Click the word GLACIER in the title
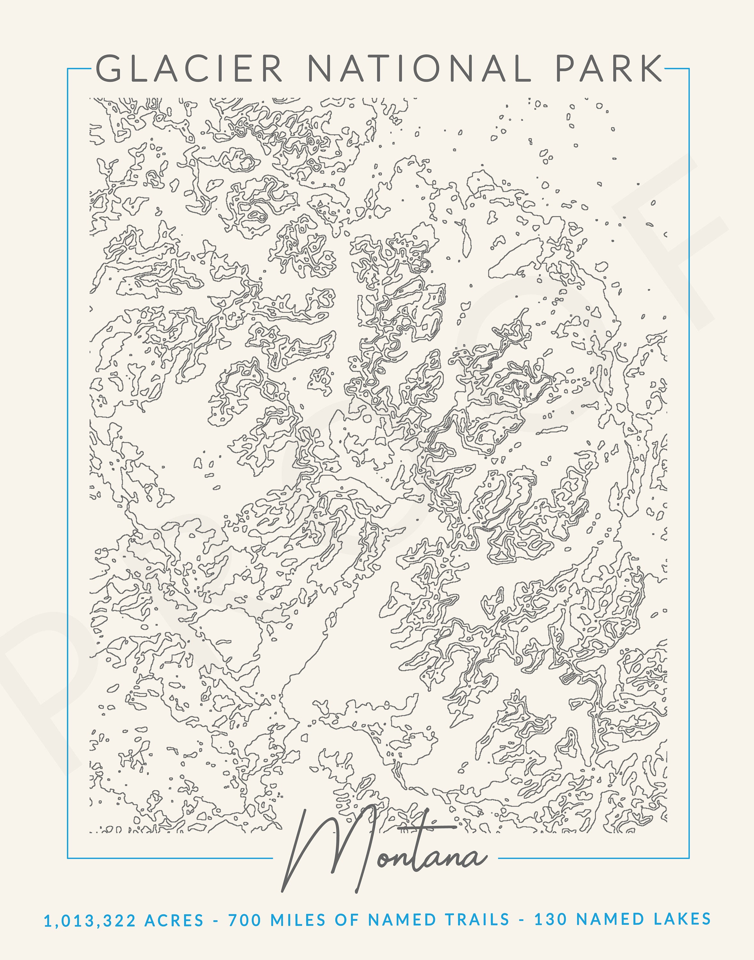coord(189,68)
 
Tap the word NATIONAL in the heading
coord(418,68)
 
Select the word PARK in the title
coord(608,68)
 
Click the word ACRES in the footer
coord(174,921)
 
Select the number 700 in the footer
coord(245,921)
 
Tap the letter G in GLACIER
coord(108,68)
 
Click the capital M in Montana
coord(327,852)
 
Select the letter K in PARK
coord(649,68)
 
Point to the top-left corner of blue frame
coord(67,69)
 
